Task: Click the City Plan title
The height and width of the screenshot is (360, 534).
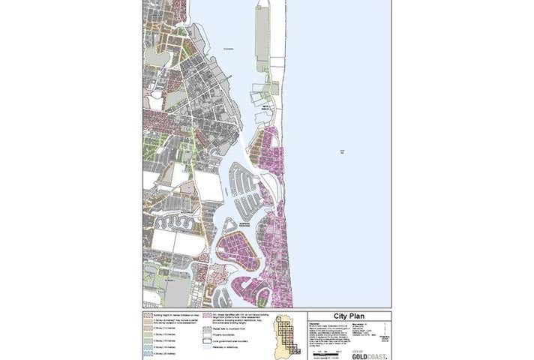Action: click(348, 316)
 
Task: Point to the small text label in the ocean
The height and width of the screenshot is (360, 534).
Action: click(342, 151)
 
